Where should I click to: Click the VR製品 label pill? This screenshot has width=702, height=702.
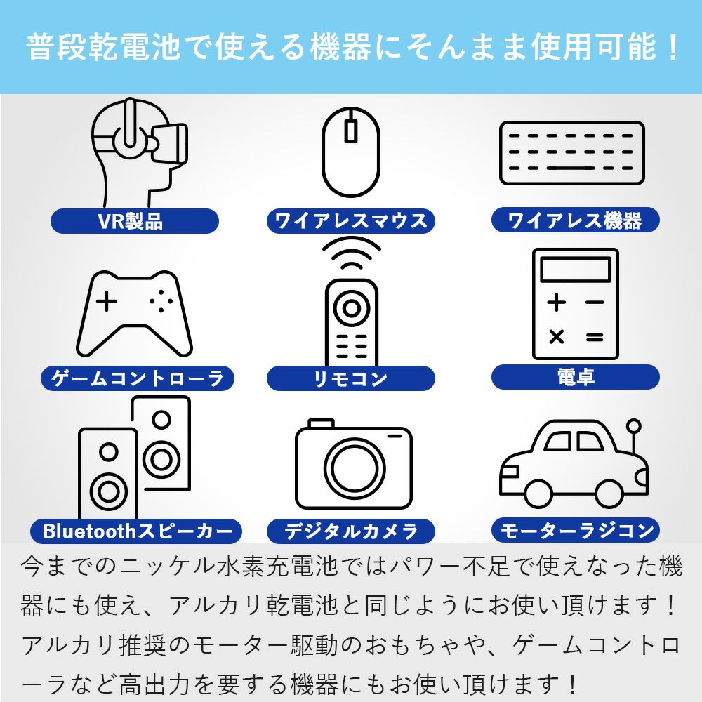[x=134, y=220]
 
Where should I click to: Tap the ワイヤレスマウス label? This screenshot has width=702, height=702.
[x=351, y=220]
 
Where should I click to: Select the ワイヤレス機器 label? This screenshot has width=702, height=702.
[x=576, y=220]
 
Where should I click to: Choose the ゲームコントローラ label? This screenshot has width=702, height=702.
[x=138, y=378]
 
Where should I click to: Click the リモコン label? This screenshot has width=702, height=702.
[x=351, y=378]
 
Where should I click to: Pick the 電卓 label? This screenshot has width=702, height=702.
[x=576, y=376]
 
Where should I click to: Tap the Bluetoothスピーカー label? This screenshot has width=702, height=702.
[x=136, y=531]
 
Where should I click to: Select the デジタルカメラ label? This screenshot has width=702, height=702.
[x=351, y=531]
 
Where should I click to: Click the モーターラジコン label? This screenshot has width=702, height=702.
[x=576, y=531]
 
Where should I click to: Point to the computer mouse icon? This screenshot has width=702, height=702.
[x=351, y=152]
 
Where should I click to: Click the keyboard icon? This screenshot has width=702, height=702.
[x=572, y=153]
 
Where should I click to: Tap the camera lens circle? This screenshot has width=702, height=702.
[x=354, y=468]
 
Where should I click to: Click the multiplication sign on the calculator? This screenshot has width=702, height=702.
[x=557, y=336]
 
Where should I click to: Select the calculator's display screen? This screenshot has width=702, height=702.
[x=576, y=269]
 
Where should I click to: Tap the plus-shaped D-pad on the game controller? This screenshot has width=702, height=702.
[x=107, y=301]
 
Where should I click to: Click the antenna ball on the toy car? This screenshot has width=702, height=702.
[x=633, y=425]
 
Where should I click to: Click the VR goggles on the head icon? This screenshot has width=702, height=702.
[x=169, y=143]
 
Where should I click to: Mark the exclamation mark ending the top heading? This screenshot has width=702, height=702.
[x=673, y=47]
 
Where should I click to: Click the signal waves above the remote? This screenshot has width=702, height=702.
[x=352, y=253]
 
